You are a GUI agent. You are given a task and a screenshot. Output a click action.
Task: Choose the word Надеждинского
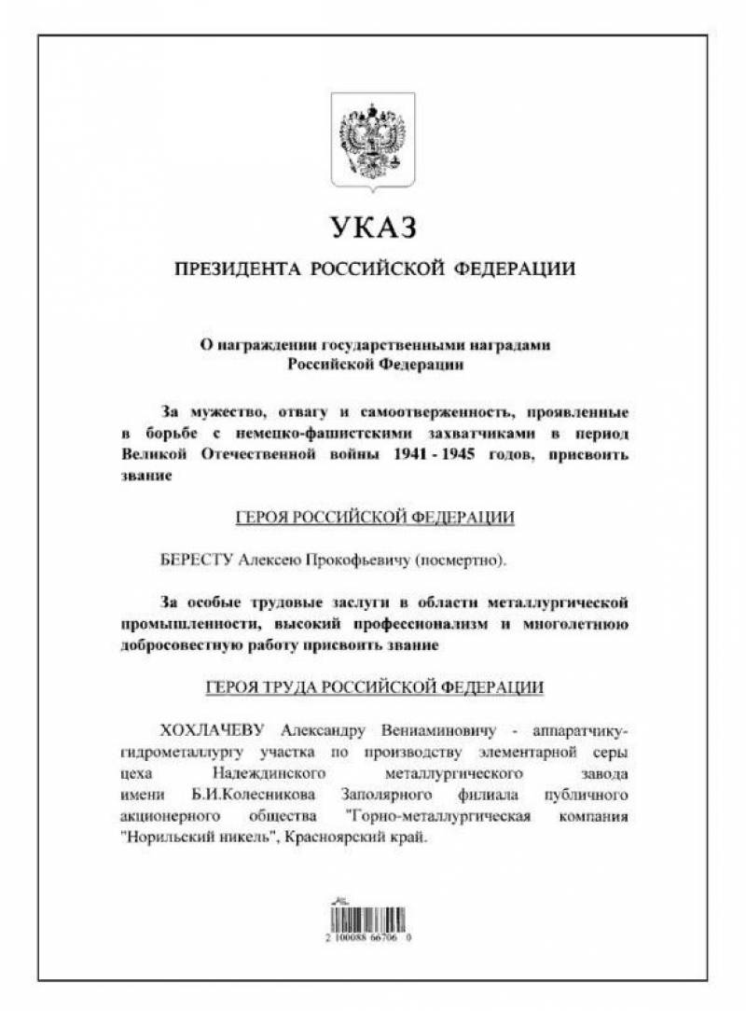[x=268, y=773]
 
